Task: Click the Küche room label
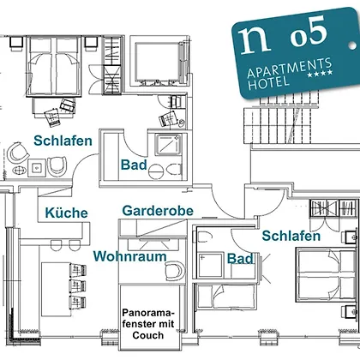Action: (x=66, y=213)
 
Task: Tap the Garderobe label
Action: (x=158, y=211)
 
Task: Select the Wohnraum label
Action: (x=130, y=256)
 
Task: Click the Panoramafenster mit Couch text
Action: (x=148, y=324)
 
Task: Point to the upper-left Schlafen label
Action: (x=63, y=141)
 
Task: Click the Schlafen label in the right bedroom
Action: (x=291, y=236)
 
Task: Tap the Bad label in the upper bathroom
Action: (x=134, y=165)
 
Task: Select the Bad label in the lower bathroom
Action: (x=240, y=259)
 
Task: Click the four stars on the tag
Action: (x=320, y=74)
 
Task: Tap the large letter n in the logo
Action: (x=255, y=40)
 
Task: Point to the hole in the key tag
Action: (x=352, y=45)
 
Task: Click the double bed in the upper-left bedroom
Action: (x=53, y=66)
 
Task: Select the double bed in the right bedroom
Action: (x=326, y=275)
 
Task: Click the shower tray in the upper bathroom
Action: (x=168, y=145)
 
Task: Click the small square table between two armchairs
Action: (x=37, y=168)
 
